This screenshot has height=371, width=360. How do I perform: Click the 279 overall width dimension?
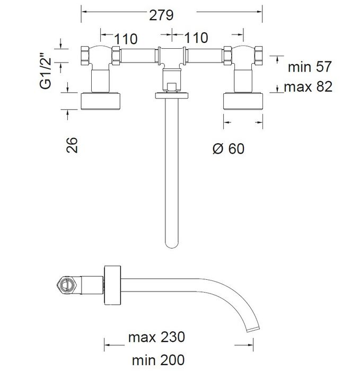click(161, 15)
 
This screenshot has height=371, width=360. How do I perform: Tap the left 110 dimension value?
click(126, 39)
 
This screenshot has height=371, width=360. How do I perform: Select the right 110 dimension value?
click(196, 38)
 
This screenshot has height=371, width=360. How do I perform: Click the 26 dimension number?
click(72, 145)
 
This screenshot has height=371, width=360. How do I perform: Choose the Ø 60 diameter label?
click(229, 148)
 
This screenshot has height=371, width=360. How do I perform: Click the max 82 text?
click(308, 86)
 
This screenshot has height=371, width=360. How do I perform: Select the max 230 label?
click(156, 337)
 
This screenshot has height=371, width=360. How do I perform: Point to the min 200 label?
click(158, 360)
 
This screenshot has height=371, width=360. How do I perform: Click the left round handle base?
click(101, 101)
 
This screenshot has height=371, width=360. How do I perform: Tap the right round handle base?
click(243, 101)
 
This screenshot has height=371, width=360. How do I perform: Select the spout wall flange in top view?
click(172, 95)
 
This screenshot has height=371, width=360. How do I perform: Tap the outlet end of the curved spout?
click(253, 329)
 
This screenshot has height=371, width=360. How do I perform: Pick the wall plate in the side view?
click(112, 285)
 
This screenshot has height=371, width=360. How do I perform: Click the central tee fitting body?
click(172, 57)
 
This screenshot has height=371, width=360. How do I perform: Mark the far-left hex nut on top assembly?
click(85, 56)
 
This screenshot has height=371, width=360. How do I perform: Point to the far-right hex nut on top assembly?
click(258, 56)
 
